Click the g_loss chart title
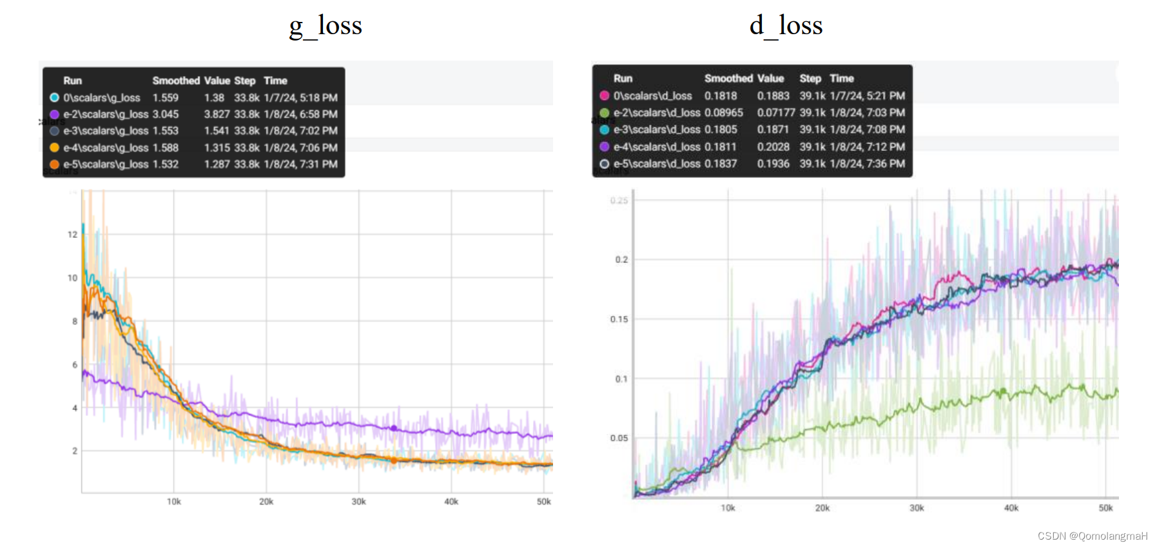326,26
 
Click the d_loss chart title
786,26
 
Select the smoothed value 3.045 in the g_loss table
166,114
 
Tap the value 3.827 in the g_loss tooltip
217,114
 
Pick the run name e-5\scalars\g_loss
106,164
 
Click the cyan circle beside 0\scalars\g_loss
55,97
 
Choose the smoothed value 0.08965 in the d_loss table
723,112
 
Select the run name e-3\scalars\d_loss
656,130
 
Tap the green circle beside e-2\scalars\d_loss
605,113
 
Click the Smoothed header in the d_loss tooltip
728,78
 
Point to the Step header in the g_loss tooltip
244,81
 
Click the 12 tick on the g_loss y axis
73,235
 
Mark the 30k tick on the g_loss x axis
358,502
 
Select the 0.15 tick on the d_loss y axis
619,319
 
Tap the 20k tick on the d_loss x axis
822,508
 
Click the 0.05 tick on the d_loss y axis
619,438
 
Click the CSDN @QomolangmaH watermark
1092,536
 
